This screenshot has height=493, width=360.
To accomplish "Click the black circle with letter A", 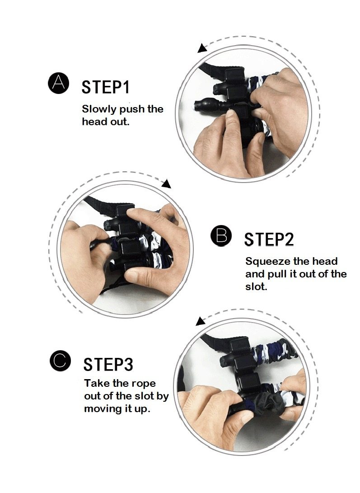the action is coord(58,83).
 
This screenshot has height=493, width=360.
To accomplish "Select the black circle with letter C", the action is coord(60,360).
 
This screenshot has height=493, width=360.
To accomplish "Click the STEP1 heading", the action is coord(105,87).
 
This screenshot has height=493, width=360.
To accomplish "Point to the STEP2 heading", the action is coord(269,239).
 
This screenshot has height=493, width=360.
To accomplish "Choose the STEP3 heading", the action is coord(108,364).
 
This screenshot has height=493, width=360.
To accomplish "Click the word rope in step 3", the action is coord(143,385).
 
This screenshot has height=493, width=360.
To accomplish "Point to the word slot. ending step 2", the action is coord(256,286).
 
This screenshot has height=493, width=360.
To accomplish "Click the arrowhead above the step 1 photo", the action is coord(202,48).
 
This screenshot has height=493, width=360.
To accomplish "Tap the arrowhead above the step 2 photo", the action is coord(167,183).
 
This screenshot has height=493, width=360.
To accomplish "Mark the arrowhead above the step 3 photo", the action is coord(200,321).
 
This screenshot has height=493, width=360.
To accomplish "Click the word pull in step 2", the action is coord(276,274).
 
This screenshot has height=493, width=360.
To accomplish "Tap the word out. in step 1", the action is coord(120,122).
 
